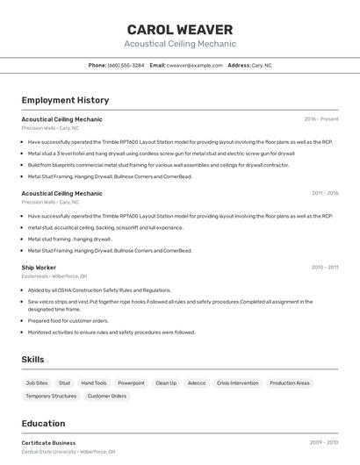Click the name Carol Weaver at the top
click(180, 30)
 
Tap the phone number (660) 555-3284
click(126, 65)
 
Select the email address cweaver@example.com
click(195, 65)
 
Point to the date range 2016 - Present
click(321, 119)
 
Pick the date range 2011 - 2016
click(325, 193)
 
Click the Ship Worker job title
click(39, 267)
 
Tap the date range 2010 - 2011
click(325, 267)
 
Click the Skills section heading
click(33, 359)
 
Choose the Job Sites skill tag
click(37, 383)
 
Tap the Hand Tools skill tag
click(94, 383)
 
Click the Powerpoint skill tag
click(131, 383)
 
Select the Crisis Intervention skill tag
click(238, 383)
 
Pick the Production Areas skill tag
click(290, 383)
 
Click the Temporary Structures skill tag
click(51, 396)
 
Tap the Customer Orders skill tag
click(107, 396)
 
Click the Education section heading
click(44, 423)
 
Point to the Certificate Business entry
click(48, 443)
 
